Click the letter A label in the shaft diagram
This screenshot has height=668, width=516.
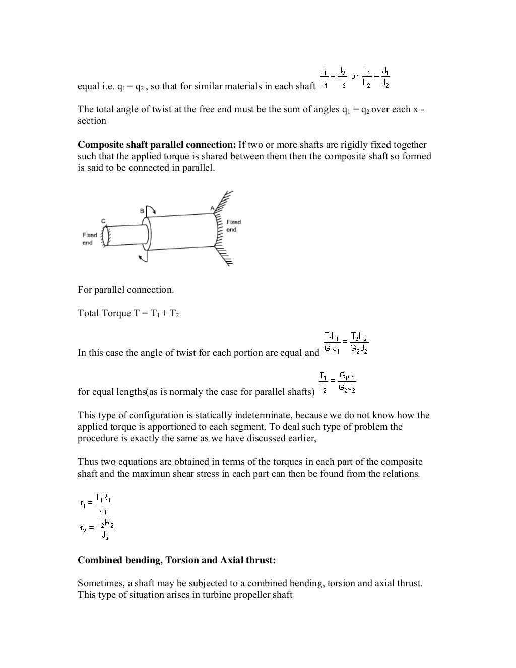pos(212,208)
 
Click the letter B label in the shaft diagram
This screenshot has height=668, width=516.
pos(142,210)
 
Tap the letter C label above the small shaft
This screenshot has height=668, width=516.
pos(103,221)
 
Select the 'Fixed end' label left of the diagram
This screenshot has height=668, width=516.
pos(90,239)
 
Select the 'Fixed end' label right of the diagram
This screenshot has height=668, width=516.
pos(233,226)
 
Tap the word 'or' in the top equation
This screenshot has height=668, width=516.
pos(355,77)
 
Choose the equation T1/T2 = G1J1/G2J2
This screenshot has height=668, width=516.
pos(338,382)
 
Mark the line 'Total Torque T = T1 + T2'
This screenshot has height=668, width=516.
pos(128,313)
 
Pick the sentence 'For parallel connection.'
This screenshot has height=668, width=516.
pos(125,290)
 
